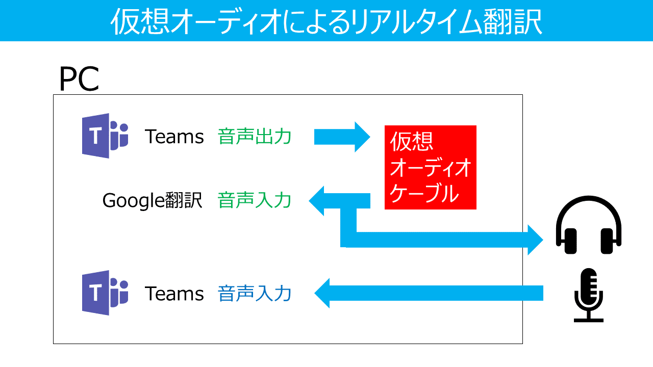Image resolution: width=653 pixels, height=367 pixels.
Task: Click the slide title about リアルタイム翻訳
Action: [x=326, y=21]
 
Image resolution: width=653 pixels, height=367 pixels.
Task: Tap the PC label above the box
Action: [x=79, y=80]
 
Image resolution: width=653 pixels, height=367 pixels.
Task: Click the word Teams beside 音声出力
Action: [x=174, y=137]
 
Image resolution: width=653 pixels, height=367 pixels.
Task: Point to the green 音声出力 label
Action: [x=255, y=137]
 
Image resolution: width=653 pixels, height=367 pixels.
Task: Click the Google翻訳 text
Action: [x=153, y=200]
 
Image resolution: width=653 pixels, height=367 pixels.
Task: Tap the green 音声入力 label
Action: [x=255, y=200]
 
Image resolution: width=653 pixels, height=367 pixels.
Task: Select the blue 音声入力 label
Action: [x=255, y=294]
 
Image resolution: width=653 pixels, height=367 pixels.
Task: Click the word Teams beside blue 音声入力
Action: [x=174, y=294]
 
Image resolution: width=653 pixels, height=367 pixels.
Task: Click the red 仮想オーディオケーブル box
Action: [x=430, y=167]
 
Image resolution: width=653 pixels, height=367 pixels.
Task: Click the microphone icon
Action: [x=588, y=295]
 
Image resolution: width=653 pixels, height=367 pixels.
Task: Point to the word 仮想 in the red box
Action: [x=411, y=142]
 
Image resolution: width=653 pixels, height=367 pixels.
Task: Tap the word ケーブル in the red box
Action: [x=423, y=193]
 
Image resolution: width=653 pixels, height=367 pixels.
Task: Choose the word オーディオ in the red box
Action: [x=430, y=168]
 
